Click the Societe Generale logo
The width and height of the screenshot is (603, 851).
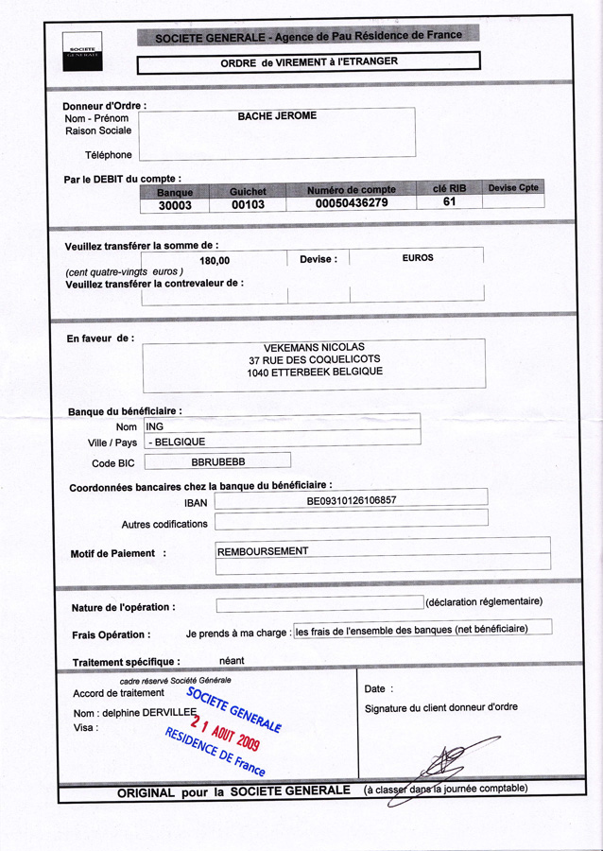pyautogui.click(x=83, y=51)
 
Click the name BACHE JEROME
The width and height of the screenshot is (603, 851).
pyautogui.click(x=277, y=116)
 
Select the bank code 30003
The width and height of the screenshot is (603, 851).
pyautogui.click(x=175, y=204)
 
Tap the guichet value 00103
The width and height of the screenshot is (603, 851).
pyautogui.click(x=248, y=204)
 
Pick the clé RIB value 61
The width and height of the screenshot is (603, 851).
pyautogui.click(x=450, y=201)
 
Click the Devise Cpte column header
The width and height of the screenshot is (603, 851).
pyautogui.click(x=513, y=187)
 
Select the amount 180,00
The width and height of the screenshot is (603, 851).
pyautogui.click(x=215, y=260)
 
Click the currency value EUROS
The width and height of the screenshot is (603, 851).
pyautogui.click(x=418, y=257)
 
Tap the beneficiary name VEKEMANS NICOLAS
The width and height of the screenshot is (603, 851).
pyautogui.click(x=314, y=347)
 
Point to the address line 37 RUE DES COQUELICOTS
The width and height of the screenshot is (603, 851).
pyautogui.click(x=315, y=360)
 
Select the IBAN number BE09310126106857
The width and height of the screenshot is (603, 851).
pyautogui.click(x=352, y=499)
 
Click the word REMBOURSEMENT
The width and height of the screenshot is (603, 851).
pyautogui.click(x=263, y=550)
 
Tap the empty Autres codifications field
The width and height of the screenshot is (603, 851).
pyautogui.click(x=351, y=519)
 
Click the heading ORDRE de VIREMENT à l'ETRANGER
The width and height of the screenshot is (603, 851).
pyautogui.click(x=309, y=62)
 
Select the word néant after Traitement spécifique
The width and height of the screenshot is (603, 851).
pyautogui.click(x=232, y=661)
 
